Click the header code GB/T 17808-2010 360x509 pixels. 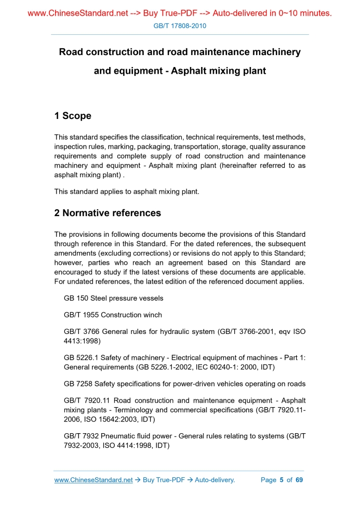tap(180, 25)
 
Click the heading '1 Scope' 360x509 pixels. tap(73, 116)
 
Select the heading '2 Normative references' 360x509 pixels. tap(108, 213)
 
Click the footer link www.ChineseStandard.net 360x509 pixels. tap(94, 480)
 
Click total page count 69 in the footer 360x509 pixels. tap(299, 480)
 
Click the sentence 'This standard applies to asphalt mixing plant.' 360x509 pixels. tap(127, 191)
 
